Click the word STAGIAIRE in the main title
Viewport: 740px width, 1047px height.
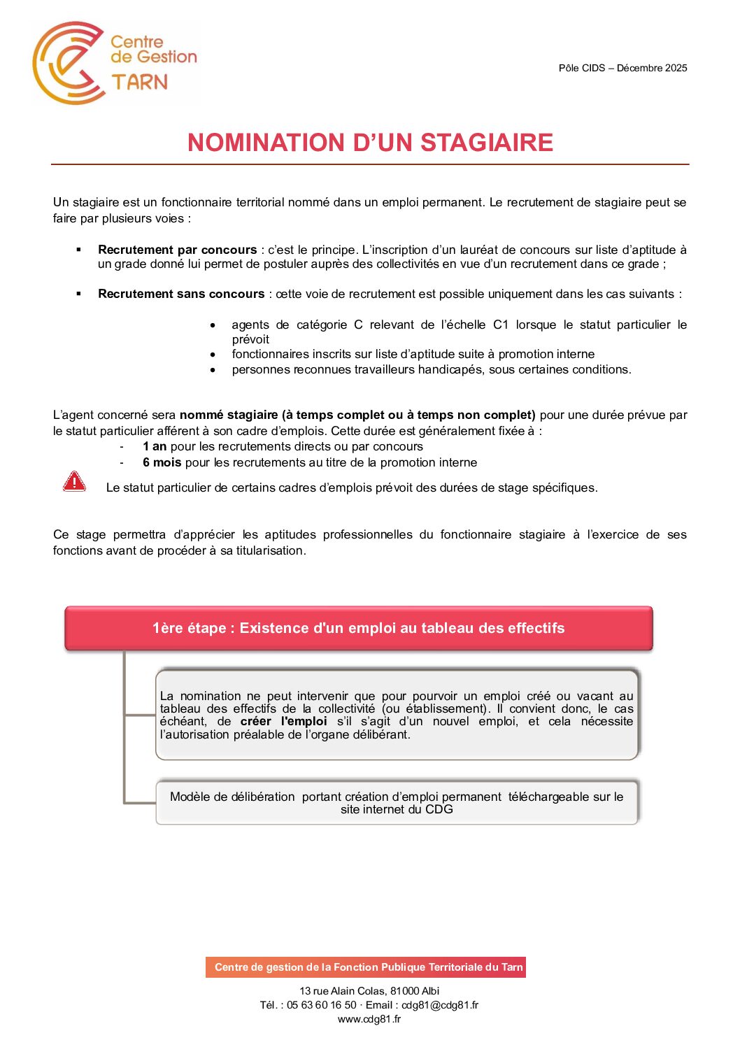tap(486, 143)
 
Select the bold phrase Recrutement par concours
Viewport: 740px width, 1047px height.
tap(177, 250)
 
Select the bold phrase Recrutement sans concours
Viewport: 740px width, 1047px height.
tap(181, 294)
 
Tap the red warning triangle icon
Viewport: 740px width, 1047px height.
tap(74, 482)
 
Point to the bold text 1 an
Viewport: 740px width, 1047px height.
tap(155, 446)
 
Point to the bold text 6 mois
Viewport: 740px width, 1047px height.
tap(162, 462)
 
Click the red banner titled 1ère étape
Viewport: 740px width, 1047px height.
tap(358, 628)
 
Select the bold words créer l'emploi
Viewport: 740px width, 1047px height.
tap(283, 721)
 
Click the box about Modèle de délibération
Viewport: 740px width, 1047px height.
tap(397, 803)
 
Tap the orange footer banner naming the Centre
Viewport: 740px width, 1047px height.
tap(366, 967)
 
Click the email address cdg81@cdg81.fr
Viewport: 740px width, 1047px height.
tap(440, 1005)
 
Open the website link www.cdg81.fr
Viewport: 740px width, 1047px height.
tap(369, 1019)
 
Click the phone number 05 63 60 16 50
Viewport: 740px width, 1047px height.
tap(322, 1005)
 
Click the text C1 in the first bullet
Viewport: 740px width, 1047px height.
tap(501, 325)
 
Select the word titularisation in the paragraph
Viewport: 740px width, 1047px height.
tap(270, 550)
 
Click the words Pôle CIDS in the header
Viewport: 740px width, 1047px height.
tap(582, 68)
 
